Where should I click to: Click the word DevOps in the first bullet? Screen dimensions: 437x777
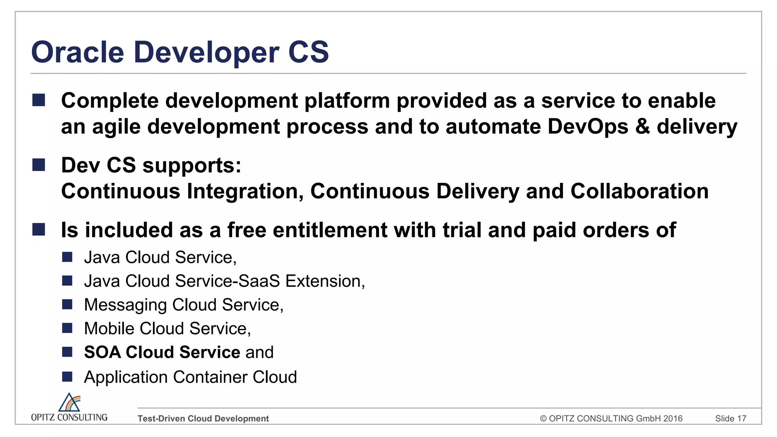pos(588,126)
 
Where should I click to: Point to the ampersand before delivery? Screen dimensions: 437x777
pos(642,126)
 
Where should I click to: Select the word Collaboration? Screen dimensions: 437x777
pos(639,191)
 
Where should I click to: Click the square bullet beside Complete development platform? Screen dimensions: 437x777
pos(39,100)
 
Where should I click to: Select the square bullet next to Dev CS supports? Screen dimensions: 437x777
pos(39,165)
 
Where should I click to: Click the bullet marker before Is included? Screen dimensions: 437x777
pos(39,230)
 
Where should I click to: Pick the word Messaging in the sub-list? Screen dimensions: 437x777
pos(125,305)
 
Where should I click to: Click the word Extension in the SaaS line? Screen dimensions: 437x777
pos(325,281)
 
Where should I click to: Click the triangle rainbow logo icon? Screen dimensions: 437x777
pos(69,402)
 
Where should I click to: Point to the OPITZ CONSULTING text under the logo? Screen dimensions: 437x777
pos(69,417)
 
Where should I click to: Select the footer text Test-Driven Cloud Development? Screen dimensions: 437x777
pos(203,418)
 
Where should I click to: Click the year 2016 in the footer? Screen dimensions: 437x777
pos(673,418)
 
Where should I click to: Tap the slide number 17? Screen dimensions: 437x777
pos(742,418)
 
